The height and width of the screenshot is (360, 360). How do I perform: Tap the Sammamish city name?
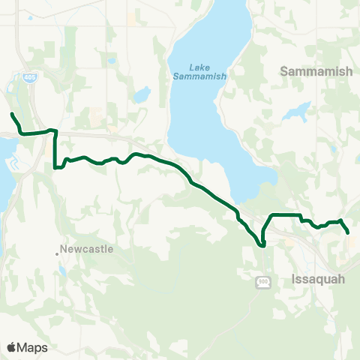[x=310, y=71]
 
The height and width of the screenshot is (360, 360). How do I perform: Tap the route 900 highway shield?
[x=262, y=280]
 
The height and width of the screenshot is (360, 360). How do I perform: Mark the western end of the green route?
[x=12, y=114]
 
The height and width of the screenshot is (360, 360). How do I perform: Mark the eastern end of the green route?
[x=349, y=233]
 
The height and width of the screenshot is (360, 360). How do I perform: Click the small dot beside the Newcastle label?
[x=57, y=253]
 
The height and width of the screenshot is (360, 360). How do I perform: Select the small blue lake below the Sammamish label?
[x=295, y=112]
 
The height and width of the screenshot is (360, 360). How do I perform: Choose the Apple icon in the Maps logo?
[x=11, y=347]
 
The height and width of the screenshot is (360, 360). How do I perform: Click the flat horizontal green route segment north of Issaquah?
[x=285, y=215]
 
